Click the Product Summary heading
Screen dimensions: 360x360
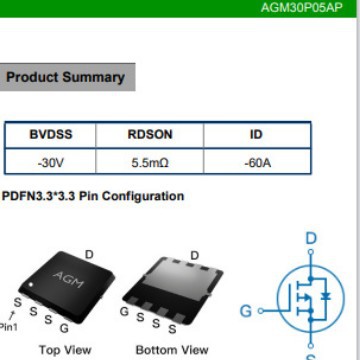click(x=65, y=77)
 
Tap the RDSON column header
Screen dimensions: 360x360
click(x=151, y=135)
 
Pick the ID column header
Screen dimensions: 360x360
click(x=256, y=135)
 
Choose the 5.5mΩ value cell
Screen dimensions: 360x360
click(x=151, y=162)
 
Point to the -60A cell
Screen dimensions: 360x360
click(x=256, y=162)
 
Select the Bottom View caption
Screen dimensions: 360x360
click(x=172, y=349)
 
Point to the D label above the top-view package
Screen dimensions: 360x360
click(x=89, y=255)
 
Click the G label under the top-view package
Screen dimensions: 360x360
click(x=64, y=327)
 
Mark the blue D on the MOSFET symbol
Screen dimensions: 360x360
click(x=310, y=238)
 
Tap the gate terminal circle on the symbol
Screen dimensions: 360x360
click(x=264, y=310)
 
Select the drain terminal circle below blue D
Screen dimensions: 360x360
click(x=310, y=256)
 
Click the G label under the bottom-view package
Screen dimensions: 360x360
click(x=124, y=311)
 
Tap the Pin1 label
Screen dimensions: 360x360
click(x=8, y=326)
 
